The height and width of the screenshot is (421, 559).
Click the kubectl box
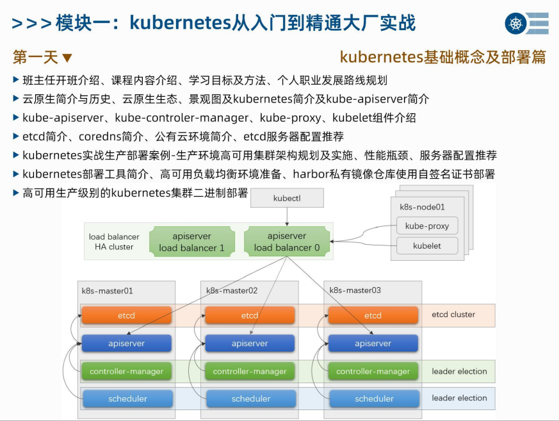pos(287,199)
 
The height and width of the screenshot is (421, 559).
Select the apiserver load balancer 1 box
pos(192,242)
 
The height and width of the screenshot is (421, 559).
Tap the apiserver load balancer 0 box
pos(287,242)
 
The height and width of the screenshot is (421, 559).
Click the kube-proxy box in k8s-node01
pos(427,226)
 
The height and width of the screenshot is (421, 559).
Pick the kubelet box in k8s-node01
pos(427,245)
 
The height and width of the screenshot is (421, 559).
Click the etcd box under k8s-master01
pos(127,315)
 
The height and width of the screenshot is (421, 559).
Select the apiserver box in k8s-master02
pos(250,343)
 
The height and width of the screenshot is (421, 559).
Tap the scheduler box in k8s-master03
pos(373,399)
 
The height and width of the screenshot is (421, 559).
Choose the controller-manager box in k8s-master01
pos(127,371)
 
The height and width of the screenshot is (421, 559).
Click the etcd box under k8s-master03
pos(373,315)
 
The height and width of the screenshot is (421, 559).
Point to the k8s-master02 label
pos(232,290)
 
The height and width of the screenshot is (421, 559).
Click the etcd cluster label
pos(453,315)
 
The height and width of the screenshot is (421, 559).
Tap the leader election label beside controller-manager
pos(459,371)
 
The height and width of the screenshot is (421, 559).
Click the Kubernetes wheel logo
pos(515,24)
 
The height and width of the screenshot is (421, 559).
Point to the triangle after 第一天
pos(67,58)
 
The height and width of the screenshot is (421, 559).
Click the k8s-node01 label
pos(422,207)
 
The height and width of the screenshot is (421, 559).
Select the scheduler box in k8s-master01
pos(127,399)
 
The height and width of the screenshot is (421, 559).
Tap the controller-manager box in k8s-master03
pos(373,371)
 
